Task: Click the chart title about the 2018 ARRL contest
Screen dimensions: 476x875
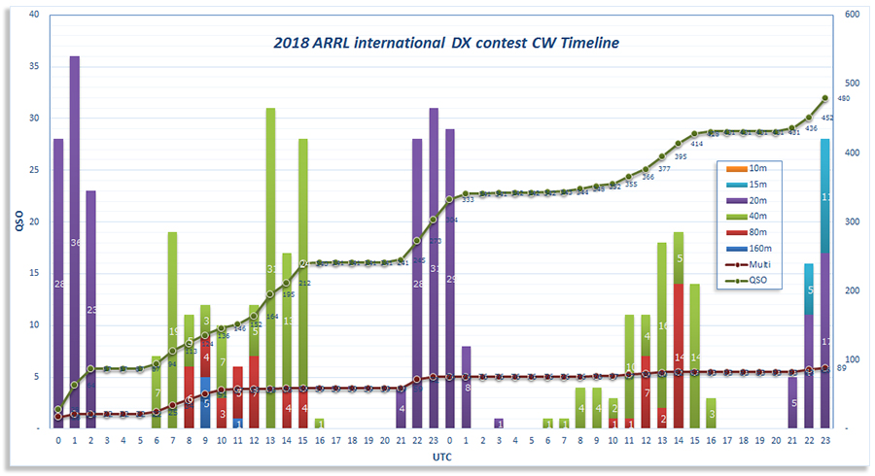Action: point(446,43)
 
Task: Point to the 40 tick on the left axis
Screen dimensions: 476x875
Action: point(35,16)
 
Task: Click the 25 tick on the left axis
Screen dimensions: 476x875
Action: point(35,170)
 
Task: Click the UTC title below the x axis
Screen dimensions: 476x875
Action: point(439,456)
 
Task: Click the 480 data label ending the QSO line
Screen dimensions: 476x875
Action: point(844,99)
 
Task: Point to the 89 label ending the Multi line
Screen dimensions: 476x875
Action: point(844,368)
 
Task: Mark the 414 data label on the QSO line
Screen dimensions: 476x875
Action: point(697,144)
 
